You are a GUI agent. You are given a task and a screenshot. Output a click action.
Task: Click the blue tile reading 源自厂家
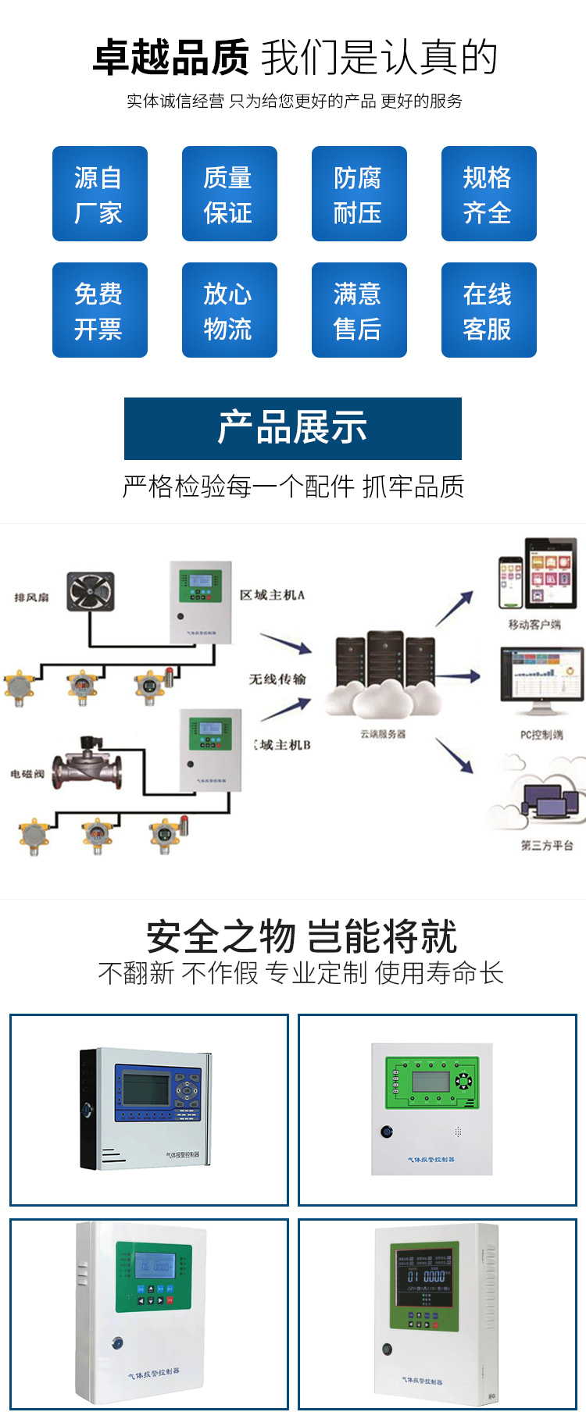coord(99,194)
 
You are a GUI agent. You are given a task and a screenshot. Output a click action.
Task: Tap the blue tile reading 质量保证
coord(229,194)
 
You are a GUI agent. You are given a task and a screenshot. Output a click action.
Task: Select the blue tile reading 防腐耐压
coord(359,194)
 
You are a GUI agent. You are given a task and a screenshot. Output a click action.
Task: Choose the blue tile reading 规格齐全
coord(488,194)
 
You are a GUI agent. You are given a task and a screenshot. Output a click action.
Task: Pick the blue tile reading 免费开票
coord(99,310)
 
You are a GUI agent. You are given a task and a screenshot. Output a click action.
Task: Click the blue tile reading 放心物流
coord(229,310)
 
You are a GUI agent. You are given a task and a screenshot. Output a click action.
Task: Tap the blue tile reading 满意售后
coord(359,310)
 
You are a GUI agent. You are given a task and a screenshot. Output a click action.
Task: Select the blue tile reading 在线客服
coord(488,310)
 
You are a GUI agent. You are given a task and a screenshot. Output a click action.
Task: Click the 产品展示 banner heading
coord(292,428)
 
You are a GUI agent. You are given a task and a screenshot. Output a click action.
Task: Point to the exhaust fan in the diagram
coord(90,591)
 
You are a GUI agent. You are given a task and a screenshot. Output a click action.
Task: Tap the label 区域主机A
coord(272,595)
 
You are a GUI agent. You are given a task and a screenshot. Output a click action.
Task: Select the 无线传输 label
coord(277,679)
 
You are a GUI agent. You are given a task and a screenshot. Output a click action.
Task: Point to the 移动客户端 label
coord(534,624)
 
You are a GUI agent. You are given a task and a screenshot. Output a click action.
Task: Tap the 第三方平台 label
coord(547,845)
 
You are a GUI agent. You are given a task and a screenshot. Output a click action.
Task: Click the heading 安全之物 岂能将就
coord(302,936)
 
